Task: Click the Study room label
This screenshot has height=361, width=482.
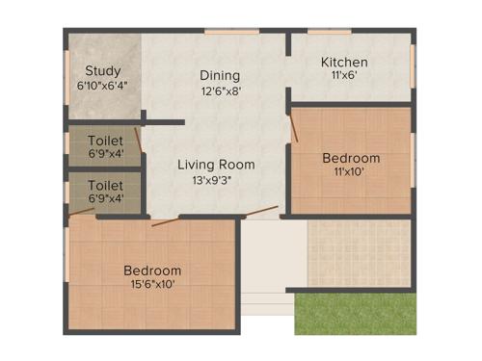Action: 102,70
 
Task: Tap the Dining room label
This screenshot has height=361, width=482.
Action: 220,76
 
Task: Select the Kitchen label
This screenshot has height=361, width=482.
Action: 344,63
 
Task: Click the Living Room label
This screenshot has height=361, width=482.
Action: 216,165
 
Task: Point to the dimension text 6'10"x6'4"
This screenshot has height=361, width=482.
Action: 102,85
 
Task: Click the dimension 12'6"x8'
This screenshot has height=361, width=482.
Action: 220,92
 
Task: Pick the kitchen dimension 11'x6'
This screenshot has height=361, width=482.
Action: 344,77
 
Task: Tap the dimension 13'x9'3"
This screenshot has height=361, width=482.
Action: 216,179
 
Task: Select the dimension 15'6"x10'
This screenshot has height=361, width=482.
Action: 152,285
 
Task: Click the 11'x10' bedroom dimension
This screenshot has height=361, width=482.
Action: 351,172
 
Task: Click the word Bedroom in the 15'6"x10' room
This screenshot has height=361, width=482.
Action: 152,271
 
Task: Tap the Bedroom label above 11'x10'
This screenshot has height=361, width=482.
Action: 351,158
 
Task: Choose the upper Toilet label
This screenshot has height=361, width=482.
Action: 105,141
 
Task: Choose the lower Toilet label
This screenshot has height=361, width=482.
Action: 105,184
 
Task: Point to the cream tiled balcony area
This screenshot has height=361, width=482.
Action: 359,252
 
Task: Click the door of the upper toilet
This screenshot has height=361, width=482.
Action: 139,140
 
